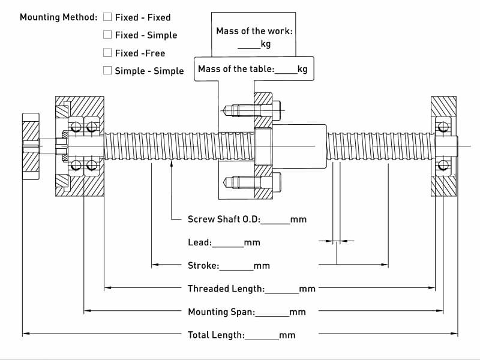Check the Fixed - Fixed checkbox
point(107,17)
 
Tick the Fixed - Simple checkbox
point(107,35)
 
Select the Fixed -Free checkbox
point(107,53)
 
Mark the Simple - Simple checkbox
point(107,70)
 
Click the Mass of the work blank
point(249,48)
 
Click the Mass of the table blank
point(286,73)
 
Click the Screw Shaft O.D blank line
point(275,223)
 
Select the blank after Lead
point(228,247)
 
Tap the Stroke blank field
point(236,270)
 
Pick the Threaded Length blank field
point(281,293)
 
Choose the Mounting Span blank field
point(272,316)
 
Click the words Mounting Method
point(58,17)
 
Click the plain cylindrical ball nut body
point(299,146)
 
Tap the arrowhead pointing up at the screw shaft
point(172,164)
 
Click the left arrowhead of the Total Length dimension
point(26,334)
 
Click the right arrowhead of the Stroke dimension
point(385,265)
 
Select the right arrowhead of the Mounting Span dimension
point(440,311)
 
